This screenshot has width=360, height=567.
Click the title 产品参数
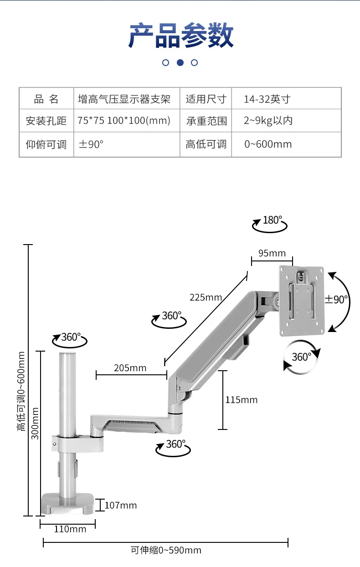click(180, 35)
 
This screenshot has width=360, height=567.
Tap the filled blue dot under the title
click(180, 62)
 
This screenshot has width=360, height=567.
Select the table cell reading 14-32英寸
click(267, 99)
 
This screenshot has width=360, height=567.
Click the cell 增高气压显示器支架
click(124, 99)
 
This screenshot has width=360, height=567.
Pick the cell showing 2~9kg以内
click(268, 121)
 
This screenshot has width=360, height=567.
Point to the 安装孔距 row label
click(46, 121)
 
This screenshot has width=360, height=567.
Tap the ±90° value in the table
click(91, 144)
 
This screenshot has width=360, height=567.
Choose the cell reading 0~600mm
click(268, 144)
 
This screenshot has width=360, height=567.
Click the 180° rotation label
click(273, 220)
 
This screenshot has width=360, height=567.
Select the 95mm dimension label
click(272, 253)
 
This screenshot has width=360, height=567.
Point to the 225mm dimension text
click(206, 297)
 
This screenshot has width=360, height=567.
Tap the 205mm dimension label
click(130, 368)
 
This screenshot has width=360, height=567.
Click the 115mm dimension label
click(242, 400)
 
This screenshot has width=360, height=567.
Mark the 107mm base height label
click(121, 505)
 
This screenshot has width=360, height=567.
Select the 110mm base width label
click(70, 529)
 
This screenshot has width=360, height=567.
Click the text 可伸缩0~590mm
click(166, 550)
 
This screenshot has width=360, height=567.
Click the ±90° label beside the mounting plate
click(336, 300)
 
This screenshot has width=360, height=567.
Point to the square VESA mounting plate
click(302, 301)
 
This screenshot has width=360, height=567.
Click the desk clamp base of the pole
click(67, 504)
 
